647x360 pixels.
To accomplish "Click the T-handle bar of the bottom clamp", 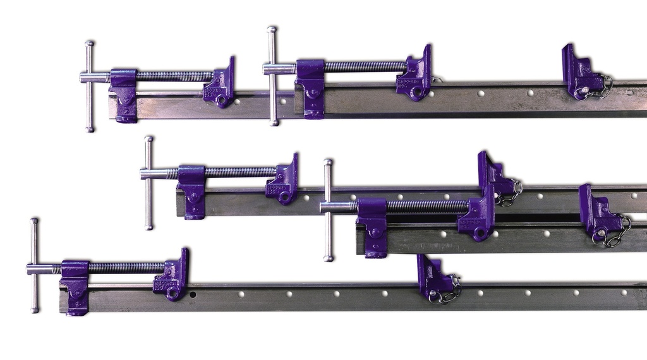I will click(x=34, y=265).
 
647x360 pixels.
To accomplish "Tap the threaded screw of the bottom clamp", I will click(x=126, y=267).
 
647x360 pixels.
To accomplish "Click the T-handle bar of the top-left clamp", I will click(x=89, y=86).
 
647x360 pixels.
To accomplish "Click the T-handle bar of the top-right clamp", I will click(x=272, y=76).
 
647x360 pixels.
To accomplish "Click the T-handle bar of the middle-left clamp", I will click(x=148, y=183).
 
